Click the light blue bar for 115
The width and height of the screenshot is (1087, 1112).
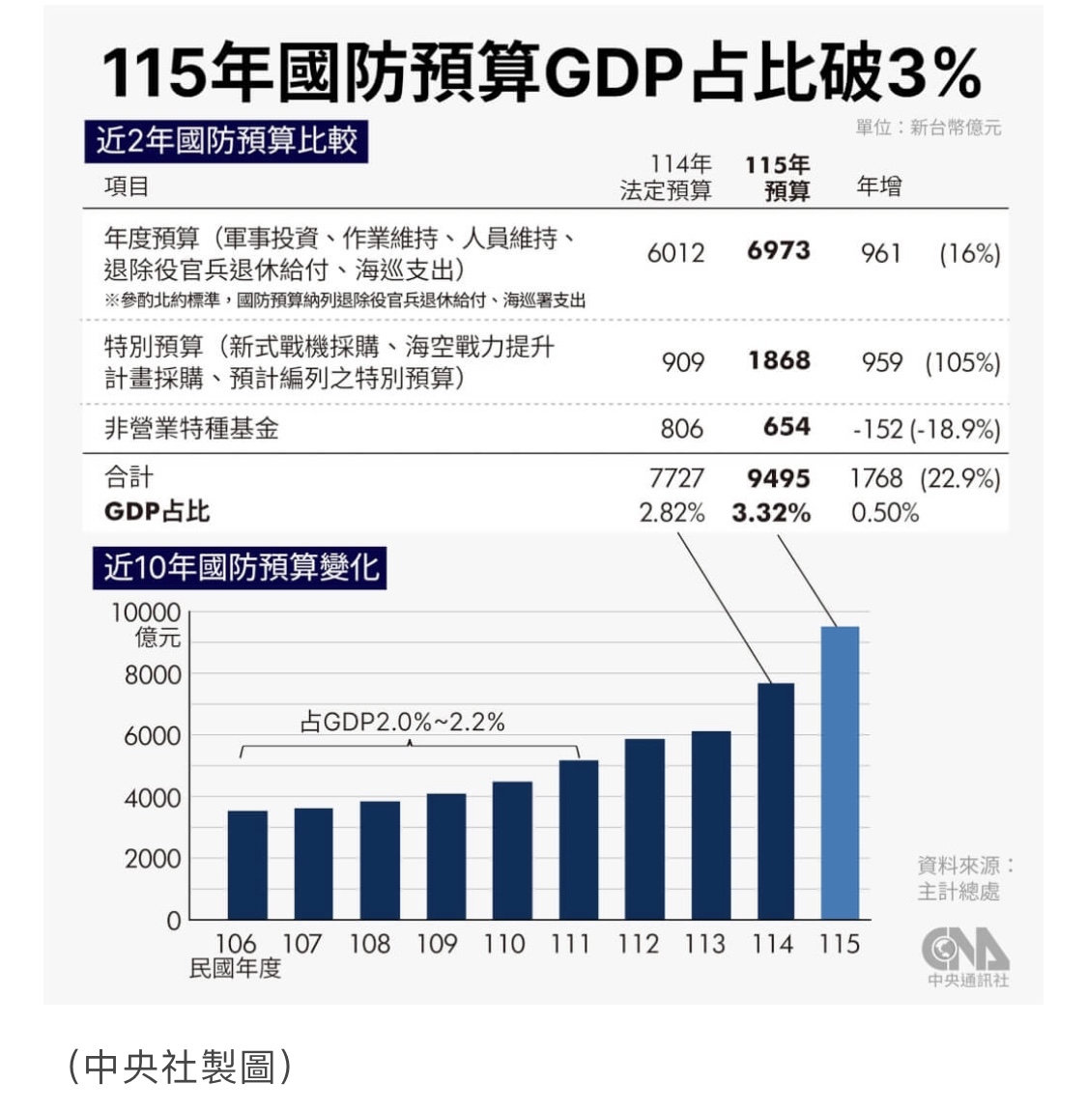point(840,773)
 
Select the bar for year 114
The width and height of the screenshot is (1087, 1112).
point(775,801)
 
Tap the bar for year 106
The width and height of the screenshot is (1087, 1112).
point(247,865)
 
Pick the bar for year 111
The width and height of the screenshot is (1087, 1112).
point(578,840)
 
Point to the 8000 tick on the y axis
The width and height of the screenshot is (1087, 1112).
point(153,674)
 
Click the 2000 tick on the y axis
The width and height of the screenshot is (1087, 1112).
point(153,858)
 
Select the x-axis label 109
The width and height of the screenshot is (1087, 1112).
point(437,943)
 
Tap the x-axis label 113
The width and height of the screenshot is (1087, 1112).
point(705,943)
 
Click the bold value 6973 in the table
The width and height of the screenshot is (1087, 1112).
point(778,251)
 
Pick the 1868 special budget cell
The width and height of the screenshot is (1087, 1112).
point(778,361)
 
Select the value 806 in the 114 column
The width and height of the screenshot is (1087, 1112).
point(681,428)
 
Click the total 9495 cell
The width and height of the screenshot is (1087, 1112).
point(778,478)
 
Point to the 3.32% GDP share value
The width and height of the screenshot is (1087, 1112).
point(771,512)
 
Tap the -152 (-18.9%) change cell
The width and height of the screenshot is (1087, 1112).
point(926,428)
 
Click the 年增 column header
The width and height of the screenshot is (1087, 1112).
point(878,185)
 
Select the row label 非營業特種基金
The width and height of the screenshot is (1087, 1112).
point(191,428)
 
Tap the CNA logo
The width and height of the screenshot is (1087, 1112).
point(964,951)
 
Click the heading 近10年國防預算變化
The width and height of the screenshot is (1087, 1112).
point(242,567)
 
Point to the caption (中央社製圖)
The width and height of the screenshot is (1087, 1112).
point(180,1067)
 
